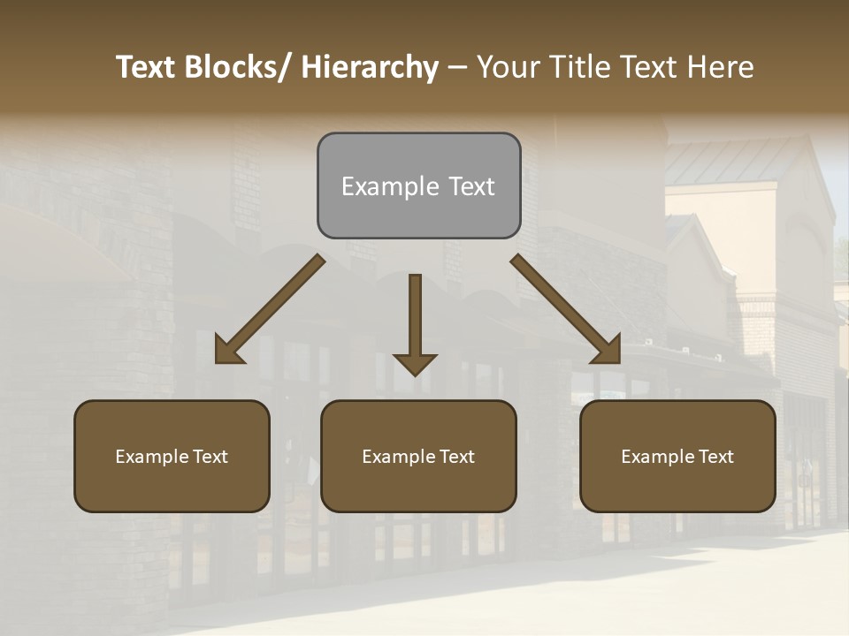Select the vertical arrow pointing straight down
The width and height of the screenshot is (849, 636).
[415, 318]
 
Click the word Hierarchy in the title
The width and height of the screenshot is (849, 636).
[370, 67]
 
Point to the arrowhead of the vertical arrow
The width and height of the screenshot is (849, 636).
[415, 363]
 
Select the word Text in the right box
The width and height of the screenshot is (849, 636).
[715, 457]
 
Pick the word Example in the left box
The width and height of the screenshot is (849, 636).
[152, 457]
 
